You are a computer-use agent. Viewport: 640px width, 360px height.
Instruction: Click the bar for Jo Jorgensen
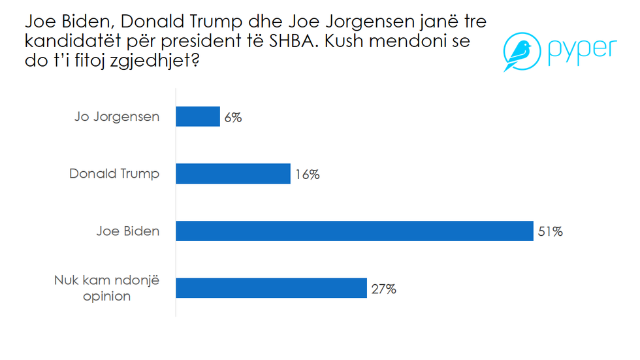(x=198, y=117)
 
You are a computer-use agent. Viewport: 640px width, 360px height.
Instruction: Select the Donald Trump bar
(x=233, y=174)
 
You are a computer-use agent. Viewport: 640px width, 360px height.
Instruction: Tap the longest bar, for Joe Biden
(x=355, y=231)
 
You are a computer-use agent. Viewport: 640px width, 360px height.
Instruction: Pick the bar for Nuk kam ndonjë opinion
(x=271, y=287)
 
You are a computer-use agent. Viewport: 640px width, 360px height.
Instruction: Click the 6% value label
(x=233, y=118)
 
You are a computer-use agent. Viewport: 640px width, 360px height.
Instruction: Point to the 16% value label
(x=307, y=174)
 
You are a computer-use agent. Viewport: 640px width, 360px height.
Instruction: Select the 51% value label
(x=550, y=231)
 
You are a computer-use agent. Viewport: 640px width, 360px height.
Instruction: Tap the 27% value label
(x=383, y=288)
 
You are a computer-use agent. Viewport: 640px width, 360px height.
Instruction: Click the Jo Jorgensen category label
(x=117, y=118)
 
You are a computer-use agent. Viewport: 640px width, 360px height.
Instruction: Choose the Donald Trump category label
(x=114, y=174)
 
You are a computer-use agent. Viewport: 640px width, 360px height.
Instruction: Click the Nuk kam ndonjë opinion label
(x=106, y=288)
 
